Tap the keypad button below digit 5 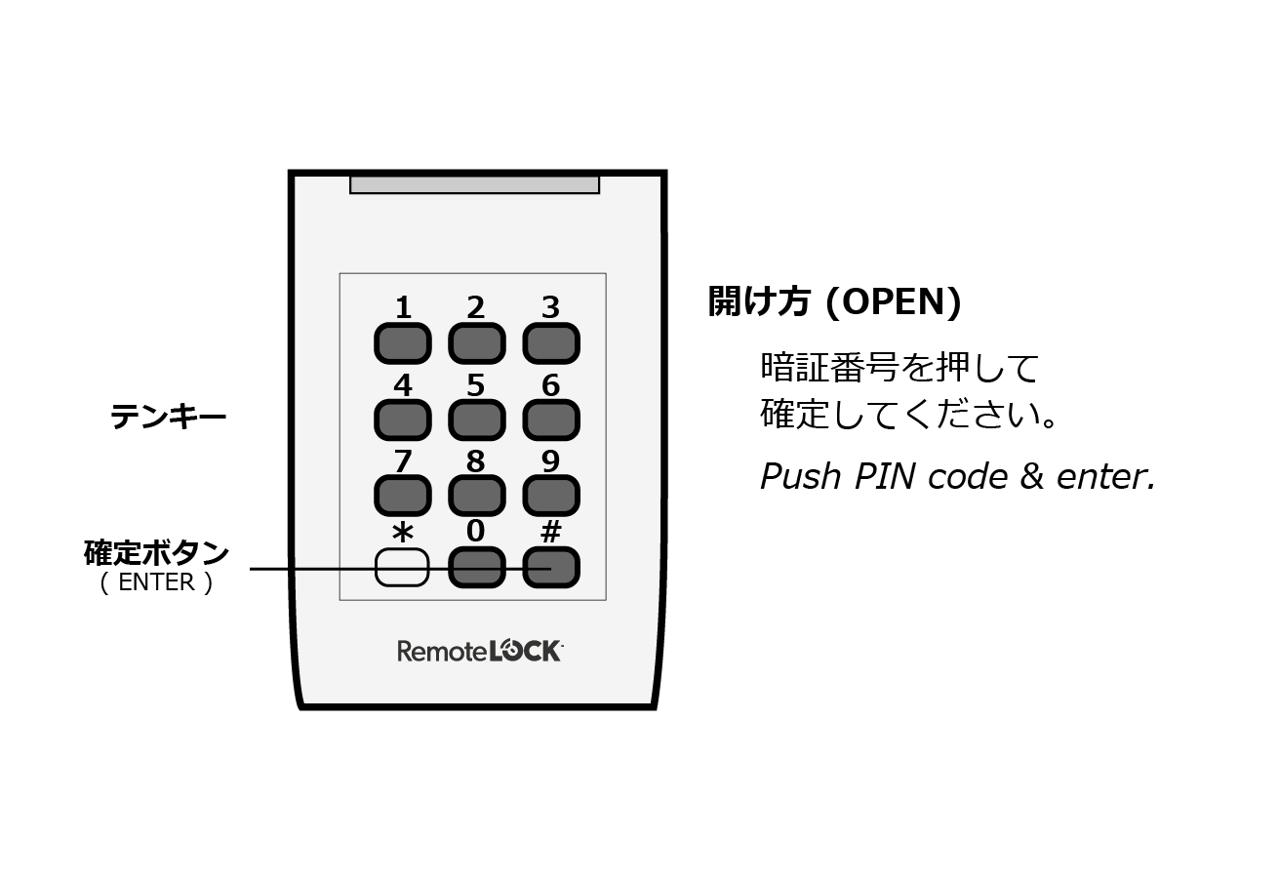[x=476, y=420]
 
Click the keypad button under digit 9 [x=551, y=496]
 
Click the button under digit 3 [x=551, y=343]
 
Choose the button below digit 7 [x=402, y=496]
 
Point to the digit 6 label [x=551, y=386]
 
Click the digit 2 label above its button [x=476, y=308]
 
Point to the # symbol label [x=551, y=532]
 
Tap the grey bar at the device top [x=474, y=184]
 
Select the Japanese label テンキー [x=168, y=418]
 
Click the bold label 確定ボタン [x=157, y=553]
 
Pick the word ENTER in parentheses [x=156, y=583]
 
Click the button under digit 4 [x=402, y=420]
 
